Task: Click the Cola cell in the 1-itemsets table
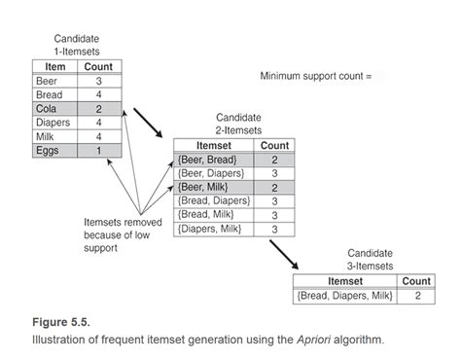point(49,110)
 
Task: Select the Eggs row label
point(49,151)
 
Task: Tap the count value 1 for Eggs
point(97,151)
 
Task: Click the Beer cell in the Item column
point(49,82)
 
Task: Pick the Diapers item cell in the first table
point(49,124)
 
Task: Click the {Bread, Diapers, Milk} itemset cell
point(345,296)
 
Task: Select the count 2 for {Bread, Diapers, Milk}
point(416,296)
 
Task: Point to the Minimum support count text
point(315,75)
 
